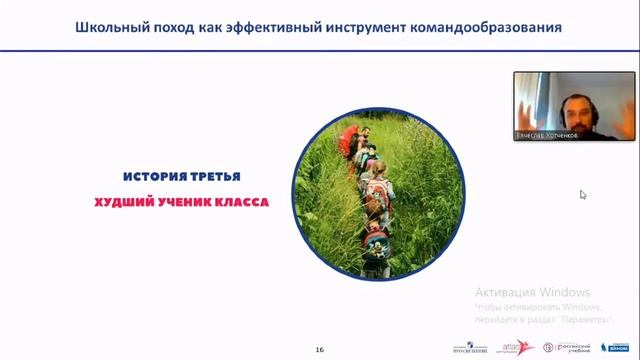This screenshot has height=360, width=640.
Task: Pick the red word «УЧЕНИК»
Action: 181,201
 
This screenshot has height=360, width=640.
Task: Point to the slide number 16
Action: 319,349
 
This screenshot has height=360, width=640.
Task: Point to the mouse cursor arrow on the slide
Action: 582,194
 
